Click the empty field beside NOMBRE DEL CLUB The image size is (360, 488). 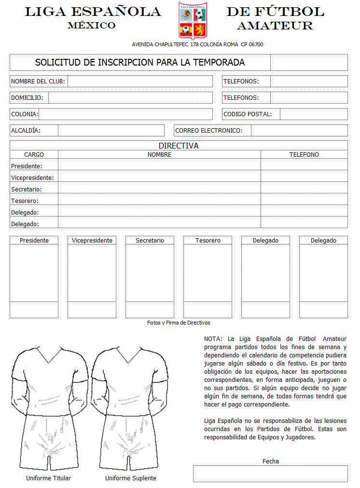pos(140,81)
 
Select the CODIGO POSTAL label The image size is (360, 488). pos(248,114)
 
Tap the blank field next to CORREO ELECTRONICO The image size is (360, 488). pos(299,131)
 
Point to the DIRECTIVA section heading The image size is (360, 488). pos(179,146)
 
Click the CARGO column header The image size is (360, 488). pos(34,155)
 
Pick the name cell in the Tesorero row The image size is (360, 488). pos(159,201)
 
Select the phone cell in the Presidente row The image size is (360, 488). pos(304,166)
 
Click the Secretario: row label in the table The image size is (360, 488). pos(27,190)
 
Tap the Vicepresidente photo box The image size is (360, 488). pos(92,272)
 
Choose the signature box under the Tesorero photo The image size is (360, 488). pos(208,310)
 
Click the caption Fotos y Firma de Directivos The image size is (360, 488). pos(179,323)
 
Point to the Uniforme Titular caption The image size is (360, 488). pos(48,478)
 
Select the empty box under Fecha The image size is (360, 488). pos(270,474)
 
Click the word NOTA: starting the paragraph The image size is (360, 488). pos(213,339)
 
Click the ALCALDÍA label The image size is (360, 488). pos(26,131)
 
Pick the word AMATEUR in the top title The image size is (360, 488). pos(275,26)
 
